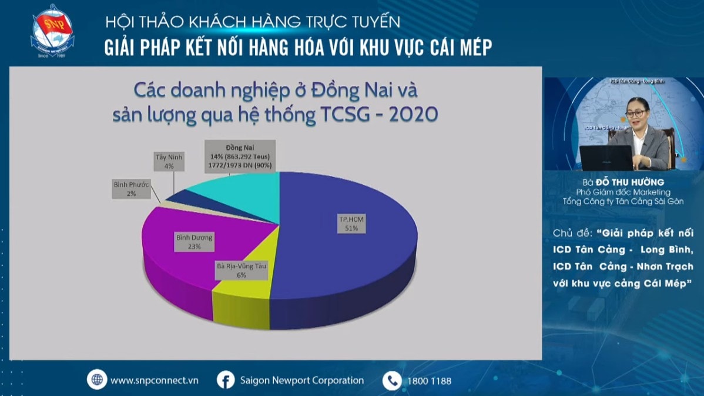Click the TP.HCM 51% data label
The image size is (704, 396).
[351, 224]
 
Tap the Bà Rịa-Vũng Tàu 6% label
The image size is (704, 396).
[242, 270]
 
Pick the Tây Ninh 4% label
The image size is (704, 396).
[169, 161]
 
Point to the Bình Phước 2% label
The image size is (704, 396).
[131, 188]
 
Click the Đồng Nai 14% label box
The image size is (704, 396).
[240, 156]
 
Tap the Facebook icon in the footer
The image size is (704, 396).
[226, 380]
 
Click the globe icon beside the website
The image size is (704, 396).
[97, 380]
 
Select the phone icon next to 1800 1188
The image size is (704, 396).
[392, 381]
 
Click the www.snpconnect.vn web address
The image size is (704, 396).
[154, 381]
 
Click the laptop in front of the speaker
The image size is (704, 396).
[605, 158]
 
